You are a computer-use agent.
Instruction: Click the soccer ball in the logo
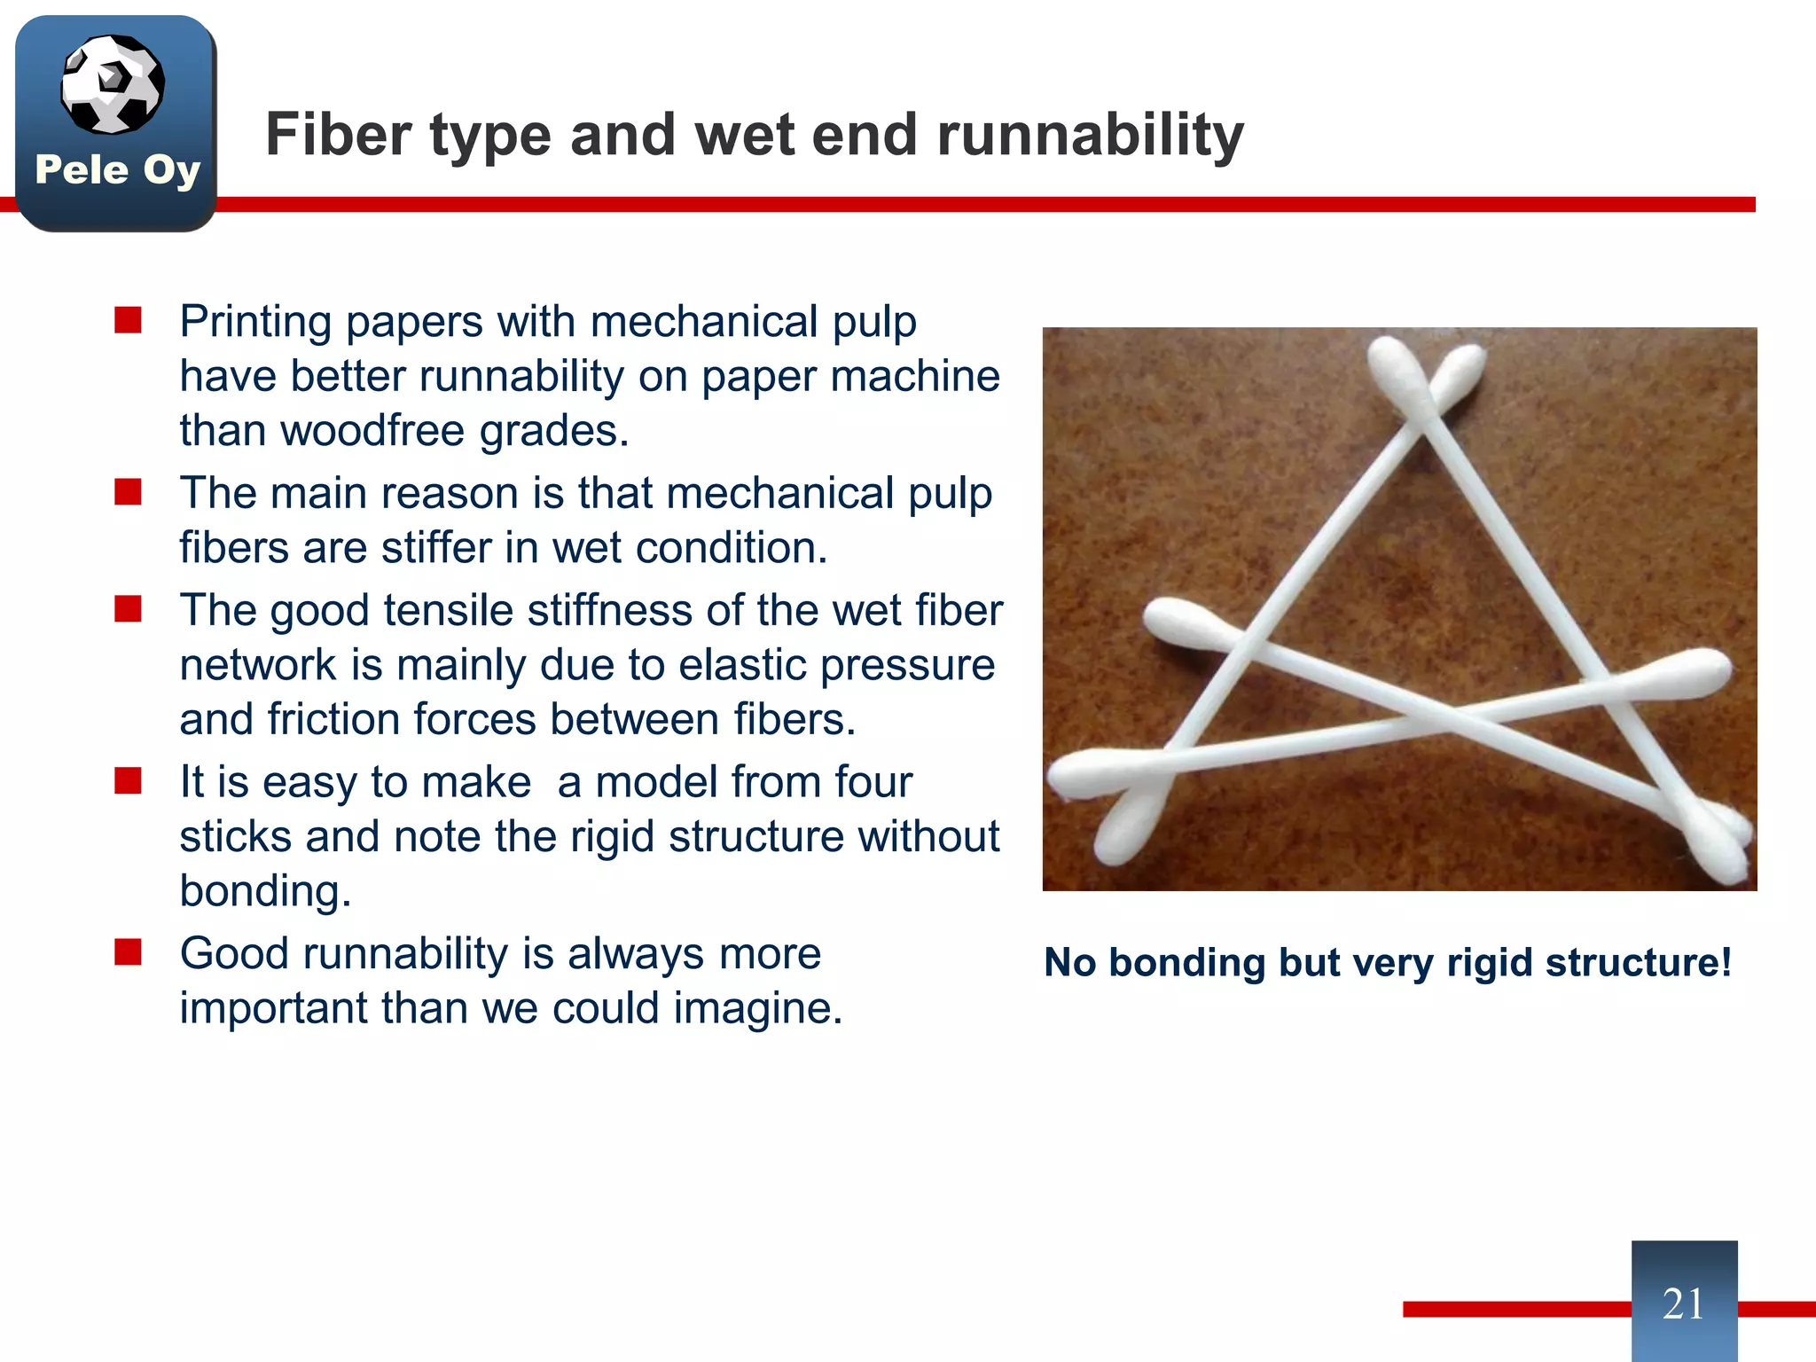click(113, 84)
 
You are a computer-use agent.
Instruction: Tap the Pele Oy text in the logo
click(117, 169)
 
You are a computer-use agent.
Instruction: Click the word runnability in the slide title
click(1090, 136)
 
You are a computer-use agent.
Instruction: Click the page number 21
click(1683, 1303)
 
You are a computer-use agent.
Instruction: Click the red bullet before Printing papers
click(129, 320)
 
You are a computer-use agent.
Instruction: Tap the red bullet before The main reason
click(129, 492)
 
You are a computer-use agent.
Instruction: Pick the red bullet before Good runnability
click(129, 952)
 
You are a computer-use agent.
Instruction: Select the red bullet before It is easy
click(129, 781)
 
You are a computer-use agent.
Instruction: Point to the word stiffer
click(436, 548)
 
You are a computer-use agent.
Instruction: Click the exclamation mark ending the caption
click(1725, 963)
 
